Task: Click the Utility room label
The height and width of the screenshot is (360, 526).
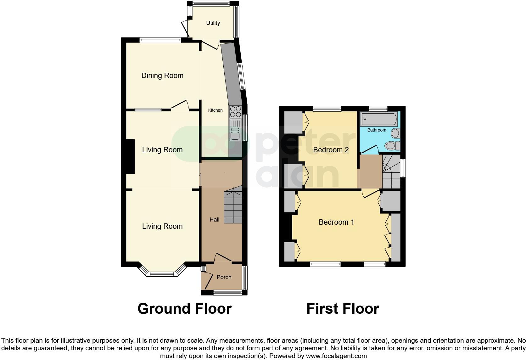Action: (x=213, y=23)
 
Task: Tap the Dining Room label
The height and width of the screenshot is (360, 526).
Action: (x=162, y=76)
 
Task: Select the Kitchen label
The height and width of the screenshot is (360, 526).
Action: (x=215, y=110)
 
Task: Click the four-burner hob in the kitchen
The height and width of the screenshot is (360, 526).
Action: (x=236, y=111)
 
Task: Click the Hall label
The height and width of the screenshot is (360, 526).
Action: (x=215, y=220)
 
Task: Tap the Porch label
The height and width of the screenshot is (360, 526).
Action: (x=224, y=277)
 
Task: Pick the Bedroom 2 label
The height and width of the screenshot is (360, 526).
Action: (x=331, y=150)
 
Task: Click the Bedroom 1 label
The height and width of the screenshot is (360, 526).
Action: (x=336, y=222)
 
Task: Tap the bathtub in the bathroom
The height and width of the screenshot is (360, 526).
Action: (x=379, y=119)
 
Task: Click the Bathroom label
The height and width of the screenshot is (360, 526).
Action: (x=377, y=130)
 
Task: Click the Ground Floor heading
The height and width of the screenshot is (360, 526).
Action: (x=185, y=309)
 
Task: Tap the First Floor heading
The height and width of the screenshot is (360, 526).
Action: (x=343, y=309)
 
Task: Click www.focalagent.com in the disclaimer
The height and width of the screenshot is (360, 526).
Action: (x=336, y=356)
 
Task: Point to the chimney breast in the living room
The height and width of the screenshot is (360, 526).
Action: (x=130, y=156)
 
